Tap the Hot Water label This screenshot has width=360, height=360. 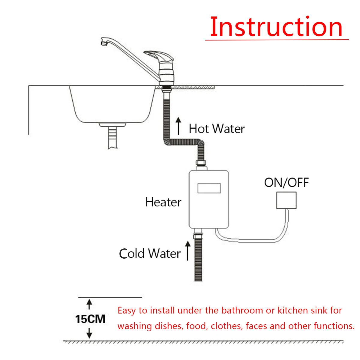pyautogui.click(x=217, y=129)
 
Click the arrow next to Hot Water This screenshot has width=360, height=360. pyautogui.click(x=178, y=126)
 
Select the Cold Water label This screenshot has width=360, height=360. pyautogui.click(x=150, y=253)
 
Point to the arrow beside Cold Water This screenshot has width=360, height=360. pyautogui.click(x=188, y=250)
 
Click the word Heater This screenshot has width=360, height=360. pyautogui.click(x=163, y=202)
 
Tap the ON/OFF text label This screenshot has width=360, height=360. pyautogui.click(x=286, y=182)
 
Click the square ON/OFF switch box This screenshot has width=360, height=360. pyautogui.click(x=286, y=200)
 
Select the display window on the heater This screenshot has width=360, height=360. pyautogui.click(x=209, y=188)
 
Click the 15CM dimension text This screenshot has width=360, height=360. pyautogui.click(x=90, y=319)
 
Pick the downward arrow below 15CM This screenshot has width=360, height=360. pyautogui.click(x=89, y=333)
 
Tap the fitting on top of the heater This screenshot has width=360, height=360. pyautogui.click(x=201, y=164)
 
